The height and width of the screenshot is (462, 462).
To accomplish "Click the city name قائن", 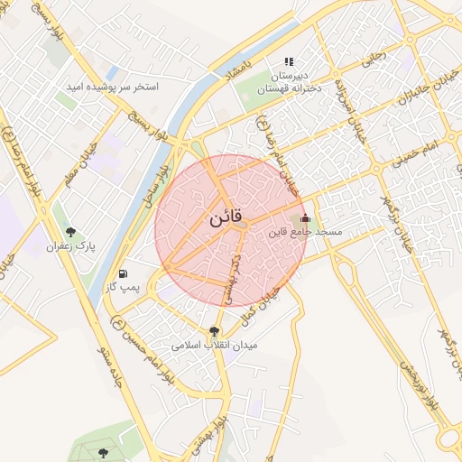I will [225, 219].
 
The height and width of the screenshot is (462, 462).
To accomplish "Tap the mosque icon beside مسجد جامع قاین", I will [305, 217].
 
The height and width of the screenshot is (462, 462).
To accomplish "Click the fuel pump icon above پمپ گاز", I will [123, 273].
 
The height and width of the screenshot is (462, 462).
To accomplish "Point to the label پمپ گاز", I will [125, 287].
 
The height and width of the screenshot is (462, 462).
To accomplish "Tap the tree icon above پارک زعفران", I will [71, 232].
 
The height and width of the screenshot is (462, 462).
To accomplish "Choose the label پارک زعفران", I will [72, 245].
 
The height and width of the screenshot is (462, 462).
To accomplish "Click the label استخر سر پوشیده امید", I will [113, 88].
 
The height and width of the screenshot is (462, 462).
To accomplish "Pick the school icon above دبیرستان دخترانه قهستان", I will [289, 61].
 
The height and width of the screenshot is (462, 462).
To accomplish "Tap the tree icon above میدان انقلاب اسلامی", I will [214, 330].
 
